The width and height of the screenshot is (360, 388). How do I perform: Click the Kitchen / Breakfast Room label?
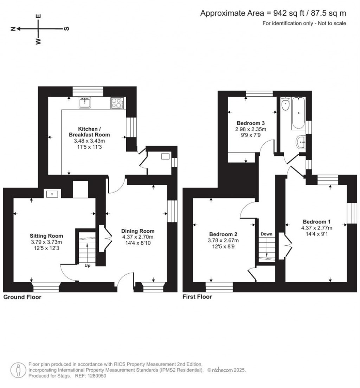point(89,131)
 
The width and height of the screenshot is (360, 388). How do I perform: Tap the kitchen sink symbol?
point(85,102)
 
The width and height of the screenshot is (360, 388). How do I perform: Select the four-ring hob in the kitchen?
point(117,103)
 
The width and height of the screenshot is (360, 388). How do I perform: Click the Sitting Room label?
point(46,236)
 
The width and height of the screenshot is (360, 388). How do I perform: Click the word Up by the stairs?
point(87,265)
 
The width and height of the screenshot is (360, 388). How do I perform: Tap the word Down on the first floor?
point(266,234)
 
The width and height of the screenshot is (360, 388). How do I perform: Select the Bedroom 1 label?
point(317,222)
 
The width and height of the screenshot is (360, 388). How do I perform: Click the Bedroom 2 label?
point(223,234)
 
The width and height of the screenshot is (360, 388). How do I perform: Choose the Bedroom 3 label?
point(251,123)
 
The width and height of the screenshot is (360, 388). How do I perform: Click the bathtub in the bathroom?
point(298,114)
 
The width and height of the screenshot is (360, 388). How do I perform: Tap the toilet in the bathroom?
point(285,104)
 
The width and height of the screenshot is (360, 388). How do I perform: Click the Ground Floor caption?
point(22,297)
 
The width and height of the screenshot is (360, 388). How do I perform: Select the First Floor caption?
point(197,297)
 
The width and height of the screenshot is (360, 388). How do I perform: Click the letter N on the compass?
point(13,29)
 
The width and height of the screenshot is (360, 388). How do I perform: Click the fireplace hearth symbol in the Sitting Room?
point(52,194)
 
